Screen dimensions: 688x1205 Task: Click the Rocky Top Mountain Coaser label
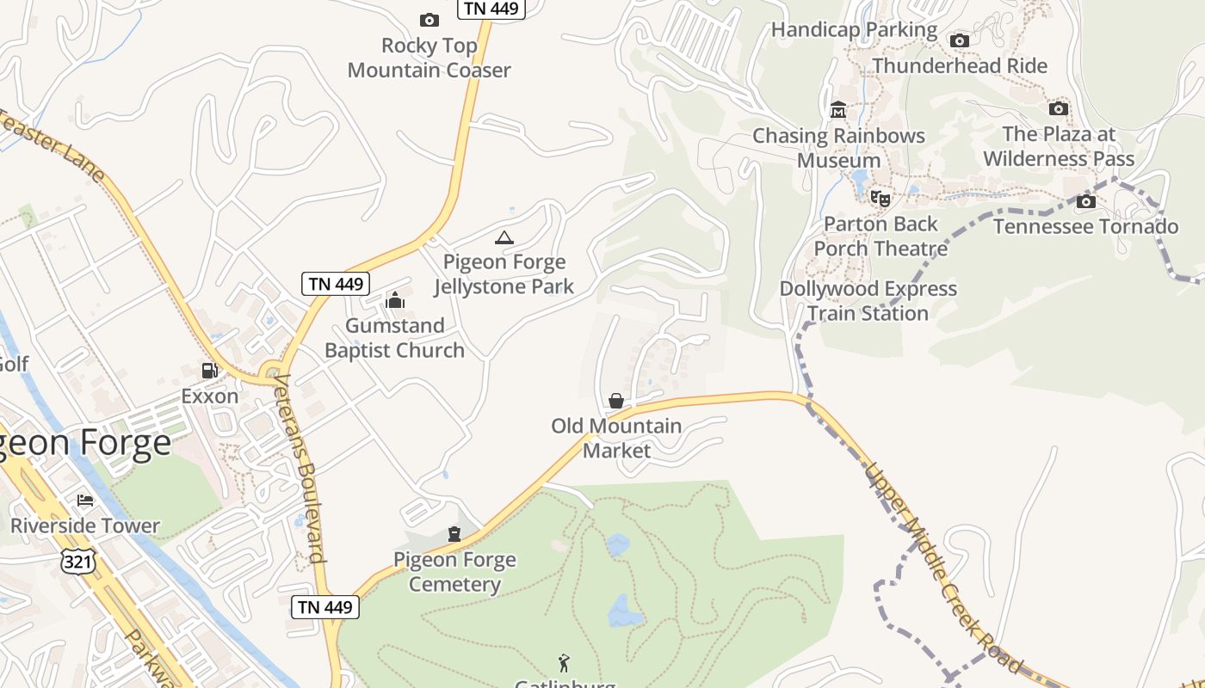[x=429, y=58]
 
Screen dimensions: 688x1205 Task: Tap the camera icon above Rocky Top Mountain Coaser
[x=429, y=20]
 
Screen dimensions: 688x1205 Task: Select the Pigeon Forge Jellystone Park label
[x=504, y=273]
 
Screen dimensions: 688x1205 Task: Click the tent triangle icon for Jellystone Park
[x=504, y=237]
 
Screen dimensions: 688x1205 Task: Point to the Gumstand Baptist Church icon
[x=395, y=300]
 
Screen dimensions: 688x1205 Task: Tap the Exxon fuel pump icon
[x=209, y=371]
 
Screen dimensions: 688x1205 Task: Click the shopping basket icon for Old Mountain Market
[x=616, y=400]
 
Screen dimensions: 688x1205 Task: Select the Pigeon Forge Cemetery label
[x=454, y=572]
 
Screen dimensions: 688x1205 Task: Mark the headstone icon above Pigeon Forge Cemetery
[x=454, y=534]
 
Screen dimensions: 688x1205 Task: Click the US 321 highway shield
[x=77, y=562]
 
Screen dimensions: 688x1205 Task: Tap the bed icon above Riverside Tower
[x=84, y=500]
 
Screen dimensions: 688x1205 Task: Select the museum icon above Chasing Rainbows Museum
[x=837, y=110]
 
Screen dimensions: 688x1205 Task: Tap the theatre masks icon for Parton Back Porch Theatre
[x=880, y=199]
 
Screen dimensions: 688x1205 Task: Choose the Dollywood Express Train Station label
[x=868, y=301]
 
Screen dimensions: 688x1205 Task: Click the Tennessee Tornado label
[x=1085, y=226]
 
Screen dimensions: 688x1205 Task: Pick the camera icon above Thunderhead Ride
[x=959, y=40]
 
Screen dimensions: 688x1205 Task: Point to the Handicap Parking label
[x=854, y=29]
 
